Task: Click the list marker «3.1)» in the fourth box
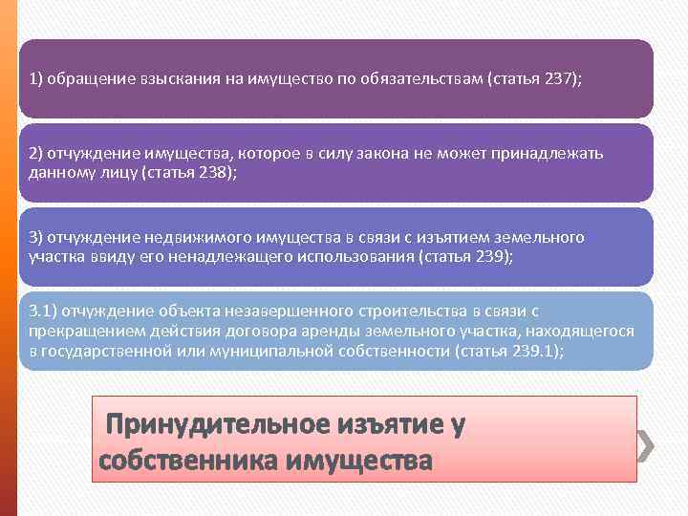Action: coord(44,312)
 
